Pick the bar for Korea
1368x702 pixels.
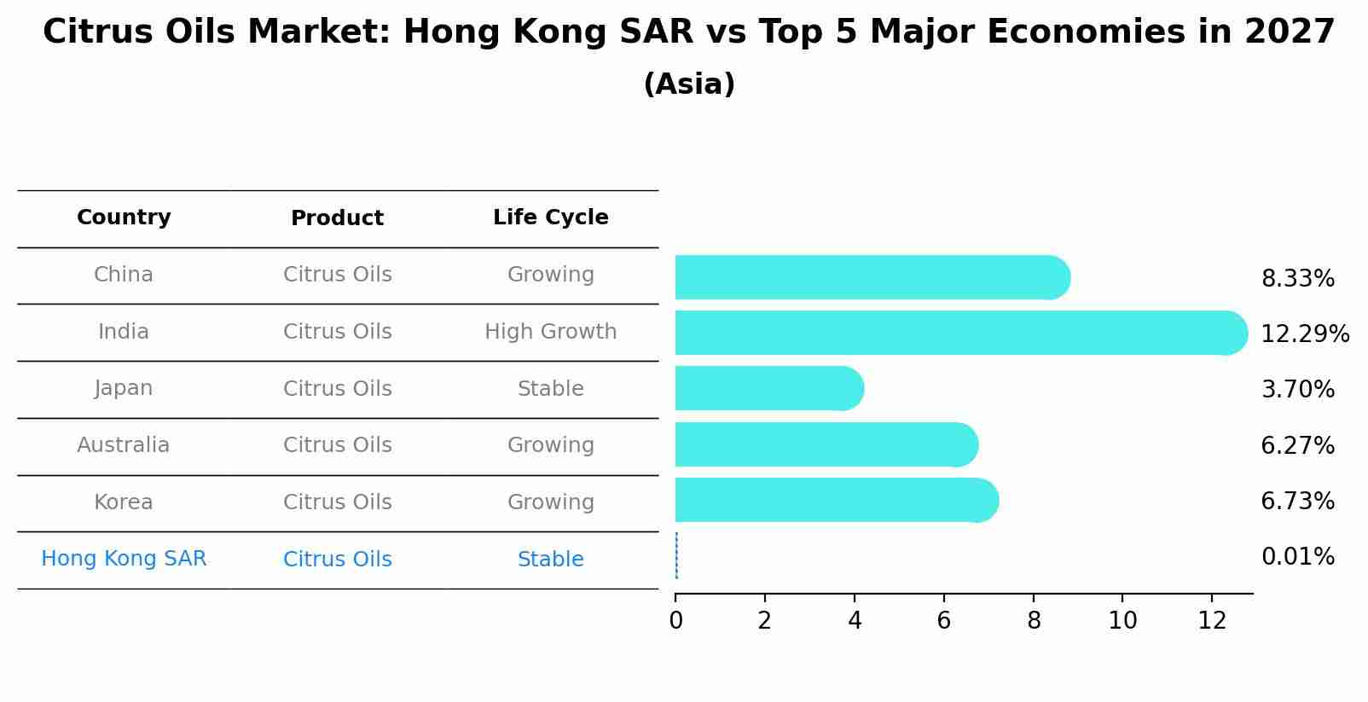coord(836,500)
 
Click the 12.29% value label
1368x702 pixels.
coord(1304,334)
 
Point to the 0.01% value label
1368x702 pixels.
coord(1297,557)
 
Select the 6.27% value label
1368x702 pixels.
coord(1297,445)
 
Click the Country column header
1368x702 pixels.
coord(124,218)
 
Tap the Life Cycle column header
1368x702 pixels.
coord(550,218)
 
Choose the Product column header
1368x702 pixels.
coord(337,218)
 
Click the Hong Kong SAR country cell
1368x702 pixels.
coord(124,559)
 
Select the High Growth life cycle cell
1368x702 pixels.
coord(550,332)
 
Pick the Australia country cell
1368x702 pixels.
coord(124,445)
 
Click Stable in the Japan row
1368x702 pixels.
coord(550,389)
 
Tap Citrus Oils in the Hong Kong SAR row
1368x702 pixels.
coord(337,560)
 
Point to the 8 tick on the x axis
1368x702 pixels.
coord(1034,621)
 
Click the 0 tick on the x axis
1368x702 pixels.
coord(676,621)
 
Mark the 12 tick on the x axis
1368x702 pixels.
coord(1212,621)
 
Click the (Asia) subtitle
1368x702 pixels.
coord(689,84)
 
